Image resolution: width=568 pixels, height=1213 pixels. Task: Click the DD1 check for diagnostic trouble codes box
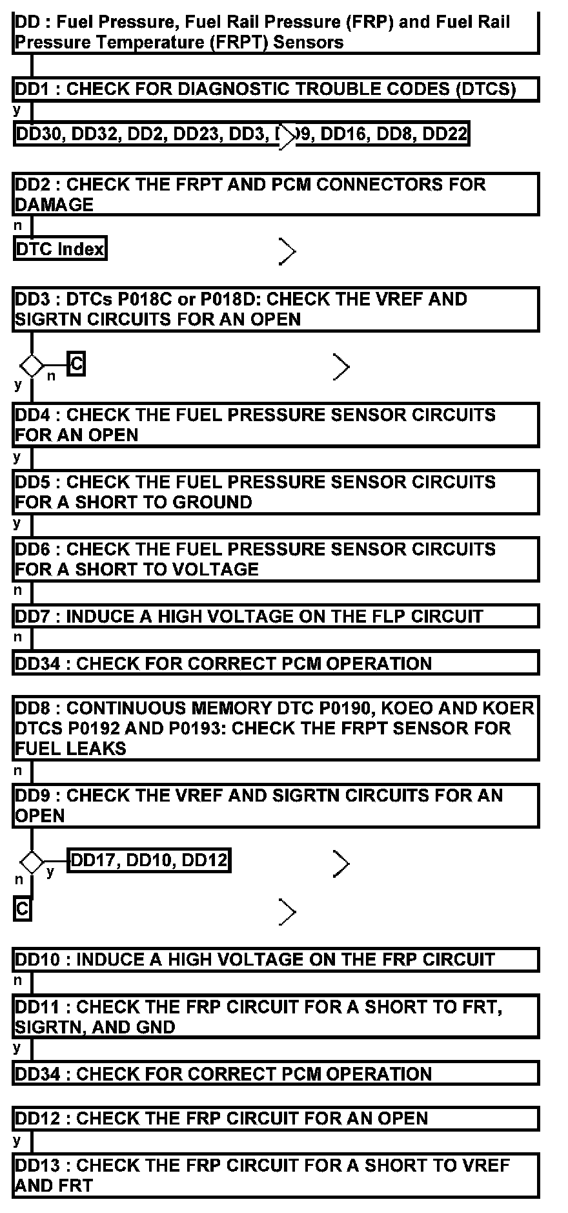point(276,89)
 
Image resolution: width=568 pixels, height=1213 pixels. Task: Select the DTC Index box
point(60,249)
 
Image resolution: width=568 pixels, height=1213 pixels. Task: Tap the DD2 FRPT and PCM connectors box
point(276,194)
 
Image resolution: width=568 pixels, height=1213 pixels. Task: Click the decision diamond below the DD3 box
point(31,366)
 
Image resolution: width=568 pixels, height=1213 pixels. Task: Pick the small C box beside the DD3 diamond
point(77,364)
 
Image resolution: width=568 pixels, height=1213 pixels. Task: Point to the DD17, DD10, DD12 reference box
point(149,860)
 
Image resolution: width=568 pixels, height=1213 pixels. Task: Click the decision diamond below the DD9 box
point(31,862)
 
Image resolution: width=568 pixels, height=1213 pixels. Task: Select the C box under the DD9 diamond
point(22,909)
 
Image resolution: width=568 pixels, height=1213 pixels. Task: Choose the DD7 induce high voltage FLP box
point(276,616)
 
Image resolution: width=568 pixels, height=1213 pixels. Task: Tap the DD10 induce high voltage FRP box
point(276,960)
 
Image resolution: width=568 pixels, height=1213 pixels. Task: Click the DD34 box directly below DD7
point(276,663)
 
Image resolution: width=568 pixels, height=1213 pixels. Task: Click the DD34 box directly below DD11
point(276,1073)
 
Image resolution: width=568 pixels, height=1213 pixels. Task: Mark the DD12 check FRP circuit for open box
point(276,1118)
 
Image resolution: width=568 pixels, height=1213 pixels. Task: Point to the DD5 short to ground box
point(276,492)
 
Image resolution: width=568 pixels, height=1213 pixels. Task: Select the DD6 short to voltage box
point(276,559)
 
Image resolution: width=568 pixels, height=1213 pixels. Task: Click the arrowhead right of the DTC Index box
point(287,251)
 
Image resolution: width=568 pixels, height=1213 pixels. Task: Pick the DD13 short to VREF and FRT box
point(276,1176)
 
